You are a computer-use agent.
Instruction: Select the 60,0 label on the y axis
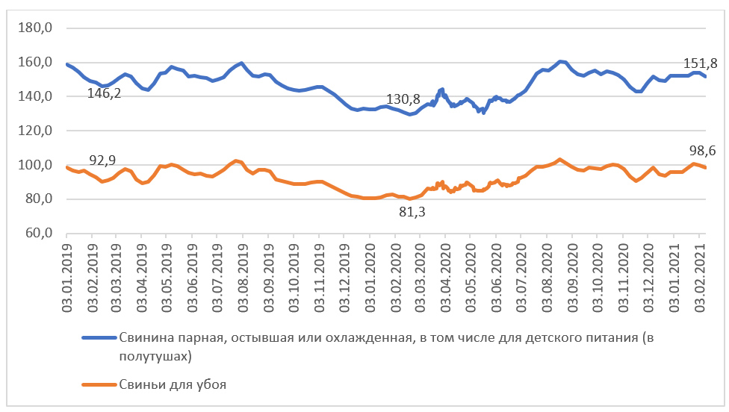pyautogui.click(x=37, y=234)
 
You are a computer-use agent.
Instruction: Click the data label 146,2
pyautogui.click(x=105, y=94)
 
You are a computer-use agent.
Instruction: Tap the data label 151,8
pyautogui.click(x=701, y=63)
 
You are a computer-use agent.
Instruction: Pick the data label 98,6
pyautogui.click(x=702, y=151)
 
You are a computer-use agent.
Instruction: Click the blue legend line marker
pyautogui.click(x=99, y=338)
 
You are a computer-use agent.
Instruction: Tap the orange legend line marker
pyautogui.click(x=99, y=385)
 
